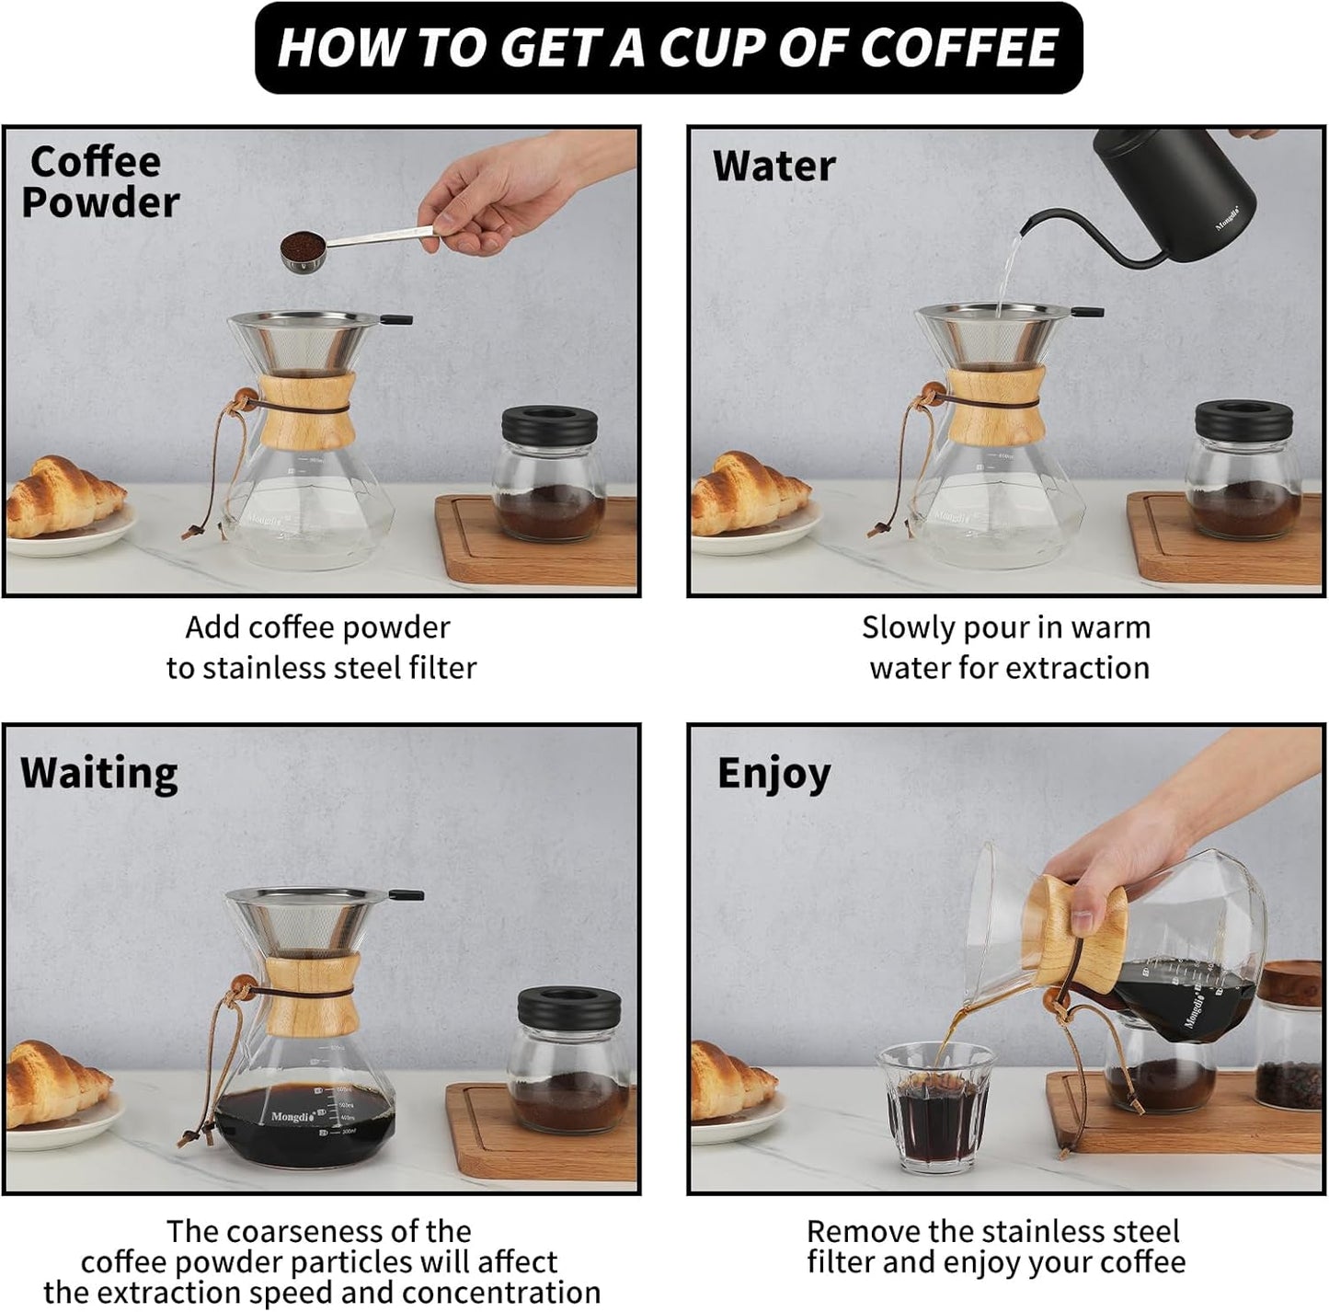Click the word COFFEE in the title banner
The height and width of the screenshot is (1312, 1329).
958,48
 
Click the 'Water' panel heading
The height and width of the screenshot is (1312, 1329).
773,167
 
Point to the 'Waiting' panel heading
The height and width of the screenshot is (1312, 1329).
98,773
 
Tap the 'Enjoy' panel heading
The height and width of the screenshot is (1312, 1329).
773,773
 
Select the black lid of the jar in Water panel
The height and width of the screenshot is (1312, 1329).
1243,420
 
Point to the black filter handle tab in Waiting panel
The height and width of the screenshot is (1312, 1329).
405,894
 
